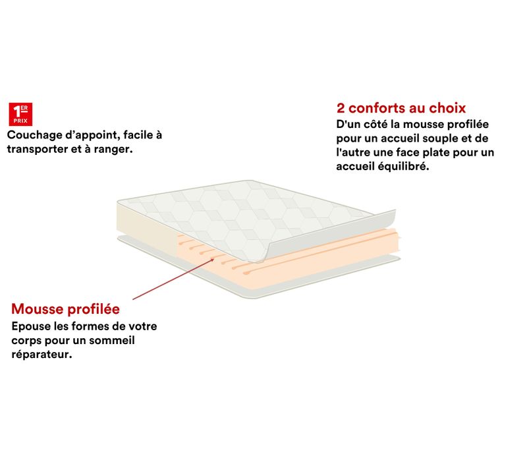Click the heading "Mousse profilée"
[x=65, y=309]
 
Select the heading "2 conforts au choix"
[x=401, y=107]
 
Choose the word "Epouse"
[x=31, y=326]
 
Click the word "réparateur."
[x=42, y=355]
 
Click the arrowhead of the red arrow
[x=212, y=259]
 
